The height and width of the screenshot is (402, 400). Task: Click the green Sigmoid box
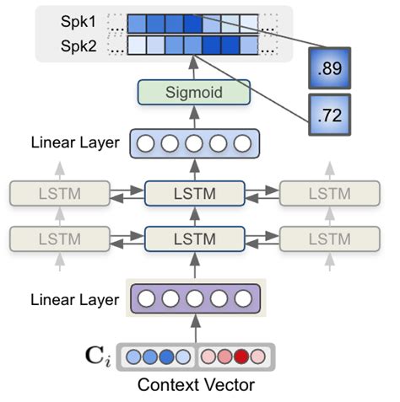tap(193, 93)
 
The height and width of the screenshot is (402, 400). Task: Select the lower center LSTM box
tap(193, 240)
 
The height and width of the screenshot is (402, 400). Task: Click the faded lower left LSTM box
tap(58, 240)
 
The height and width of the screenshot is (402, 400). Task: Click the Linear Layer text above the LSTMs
tap(75, 143)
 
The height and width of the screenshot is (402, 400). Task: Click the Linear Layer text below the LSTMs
tap(75, 298)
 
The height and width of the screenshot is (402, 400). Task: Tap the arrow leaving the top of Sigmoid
tap(193, 68)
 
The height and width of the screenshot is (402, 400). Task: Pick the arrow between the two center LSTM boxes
tap(193, 217)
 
